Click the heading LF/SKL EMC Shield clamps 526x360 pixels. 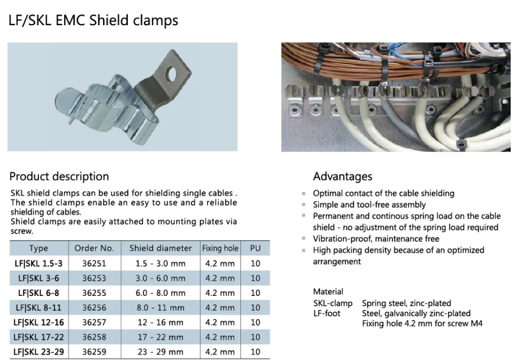(x=94, y=20)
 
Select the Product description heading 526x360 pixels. (x=59, y=177)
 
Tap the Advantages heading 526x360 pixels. (x=342, y=177)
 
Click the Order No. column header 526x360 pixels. (x=94, y=248)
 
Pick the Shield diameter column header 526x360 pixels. (x=160, y=248)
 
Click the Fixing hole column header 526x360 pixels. (x=220, y=248)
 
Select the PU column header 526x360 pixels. (x=255, y=248)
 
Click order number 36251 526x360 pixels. (x=94, y=263)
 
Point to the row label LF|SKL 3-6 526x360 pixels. (x=38, y=278)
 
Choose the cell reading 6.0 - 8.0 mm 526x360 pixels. (x=161, y=293)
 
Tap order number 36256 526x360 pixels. (x=94, y=307)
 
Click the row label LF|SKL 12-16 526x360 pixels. (x=38, y=322)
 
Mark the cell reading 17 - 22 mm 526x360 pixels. (x=160, y=337)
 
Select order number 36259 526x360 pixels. (x=94, y=352)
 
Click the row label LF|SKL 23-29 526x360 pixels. (x=38, y=352)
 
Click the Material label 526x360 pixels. (x=328, y=291)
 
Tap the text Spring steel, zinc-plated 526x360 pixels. (x=406, y=303)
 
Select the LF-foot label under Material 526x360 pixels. (x=327, y=313)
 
